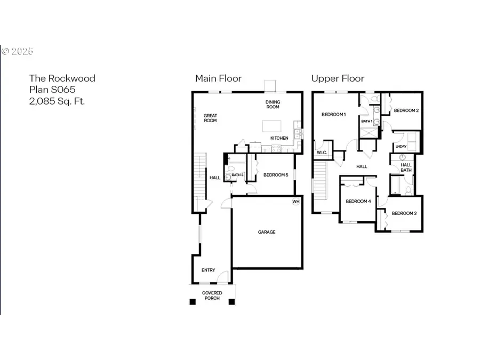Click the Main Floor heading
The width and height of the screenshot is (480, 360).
point(218,78)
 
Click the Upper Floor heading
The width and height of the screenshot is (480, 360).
point(338,78)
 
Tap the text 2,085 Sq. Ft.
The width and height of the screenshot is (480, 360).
point(56,100)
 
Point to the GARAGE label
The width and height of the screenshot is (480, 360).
point(267,232)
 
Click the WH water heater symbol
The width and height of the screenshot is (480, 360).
point(295,202)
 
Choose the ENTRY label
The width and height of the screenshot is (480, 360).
point(208,270)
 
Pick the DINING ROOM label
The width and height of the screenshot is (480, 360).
point(273,105)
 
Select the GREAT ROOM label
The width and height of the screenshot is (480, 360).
point(210,118)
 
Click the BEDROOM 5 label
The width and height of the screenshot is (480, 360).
point(275,175)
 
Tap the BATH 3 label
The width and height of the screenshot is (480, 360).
point(237,174)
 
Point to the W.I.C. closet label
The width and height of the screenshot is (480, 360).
point(322,154)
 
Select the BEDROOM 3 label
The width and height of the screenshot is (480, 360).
point(404,213)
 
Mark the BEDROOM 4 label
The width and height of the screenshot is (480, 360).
point(358,202)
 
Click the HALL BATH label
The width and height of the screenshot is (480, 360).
point(406,167)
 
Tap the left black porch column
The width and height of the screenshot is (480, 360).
point(193,302)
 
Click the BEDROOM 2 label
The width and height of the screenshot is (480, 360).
point(406,110)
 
